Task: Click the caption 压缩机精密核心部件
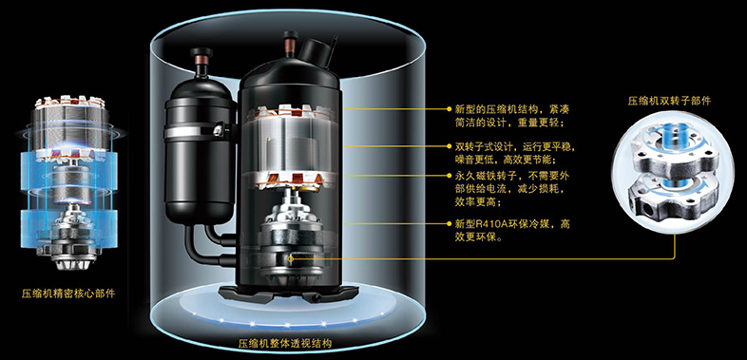coord(68,294)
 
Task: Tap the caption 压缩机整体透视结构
coord(285,343)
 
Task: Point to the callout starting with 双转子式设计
coord(508,152)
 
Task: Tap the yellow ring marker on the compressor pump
coord(291,259)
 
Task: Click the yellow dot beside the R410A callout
coord(449,223)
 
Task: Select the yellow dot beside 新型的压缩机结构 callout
coord(449,108)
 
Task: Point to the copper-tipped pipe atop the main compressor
coord(289,45)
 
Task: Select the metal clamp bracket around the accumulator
coord(201,130)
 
